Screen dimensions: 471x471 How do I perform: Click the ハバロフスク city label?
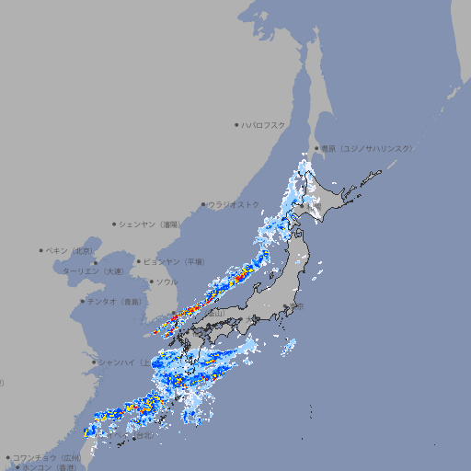[x=264, y=124]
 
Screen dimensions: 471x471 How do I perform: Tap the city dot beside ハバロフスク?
[x=237, y=124]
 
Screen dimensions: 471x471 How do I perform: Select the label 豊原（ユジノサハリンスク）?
[x=366, y=148]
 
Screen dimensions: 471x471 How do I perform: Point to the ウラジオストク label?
[x=234, y=204]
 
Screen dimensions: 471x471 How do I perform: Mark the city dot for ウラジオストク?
[x=204, y=204]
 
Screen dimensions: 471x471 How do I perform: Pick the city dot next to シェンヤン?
[x=115, y=224]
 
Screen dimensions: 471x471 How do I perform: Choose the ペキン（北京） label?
[x=70, y=250]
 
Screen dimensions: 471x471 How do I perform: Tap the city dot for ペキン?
[x=42, y=250]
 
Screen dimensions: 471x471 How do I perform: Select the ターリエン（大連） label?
[x=93, y=271]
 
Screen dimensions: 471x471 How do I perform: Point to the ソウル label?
[x=167, y=281]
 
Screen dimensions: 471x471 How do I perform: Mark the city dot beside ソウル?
[x=152, y=281]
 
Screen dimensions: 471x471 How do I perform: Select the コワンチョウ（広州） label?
[x=47, y=457]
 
